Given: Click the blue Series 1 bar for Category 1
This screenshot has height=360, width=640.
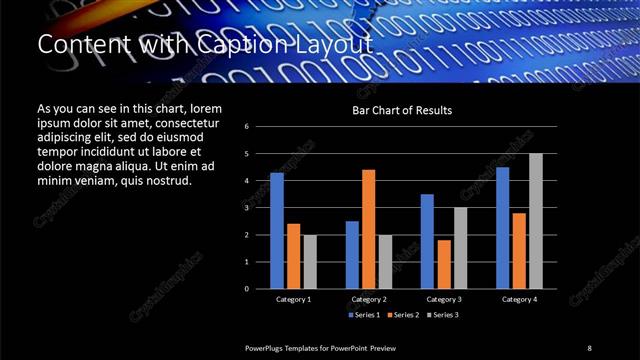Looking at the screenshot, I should [277, 230].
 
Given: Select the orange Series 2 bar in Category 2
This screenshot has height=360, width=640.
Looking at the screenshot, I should [368, 229].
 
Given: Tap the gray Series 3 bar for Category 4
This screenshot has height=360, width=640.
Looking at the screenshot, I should [536, 221].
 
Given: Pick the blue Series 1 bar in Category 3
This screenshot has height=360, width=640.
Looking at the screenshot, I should [427, 241].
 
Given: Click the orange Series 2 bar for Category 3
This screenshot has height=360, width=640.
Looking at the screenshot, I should [444, 264].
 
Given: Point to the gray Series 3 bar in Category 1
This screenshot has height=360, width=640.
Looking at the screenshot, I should [310, 261].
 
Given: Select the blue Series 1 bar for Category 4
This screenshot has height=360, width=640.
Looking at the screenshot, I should [502, 227].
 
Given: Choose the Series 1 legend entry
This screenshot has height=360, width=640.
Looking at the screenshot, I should [364, 314].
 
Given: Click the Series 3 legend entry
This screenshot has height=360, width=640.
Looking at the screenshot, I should [442, 314].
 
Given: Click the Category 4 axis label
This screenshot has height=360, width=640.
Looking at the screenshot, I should [519, 299].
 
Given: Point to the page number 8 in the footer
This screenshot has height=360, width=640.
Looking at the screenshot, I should [589, 347].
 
